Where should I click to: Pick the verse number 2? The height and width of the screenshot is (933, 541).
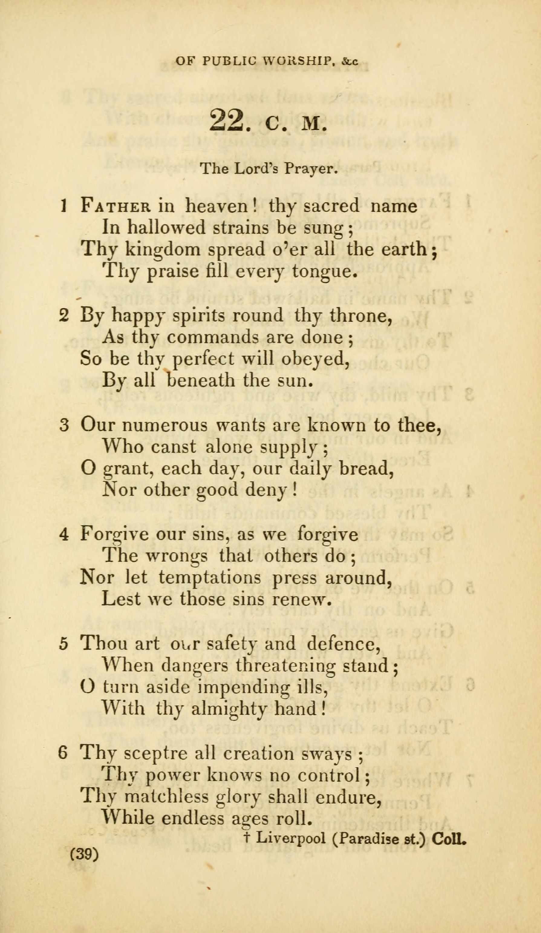coord(64,316)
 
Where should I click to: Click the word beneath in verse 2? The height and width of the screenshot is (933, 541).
coord(201,381)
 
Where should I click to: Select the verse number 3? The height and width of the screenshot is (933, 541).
coord(64,425)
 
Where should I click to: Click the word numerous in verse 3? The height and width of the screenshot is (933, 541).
coord(165,425)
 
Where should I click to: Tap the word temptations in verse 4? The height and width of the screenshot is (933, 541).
coord(210,577)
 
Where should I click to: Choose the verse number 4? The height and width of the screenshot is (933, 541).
coord(64,534)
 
